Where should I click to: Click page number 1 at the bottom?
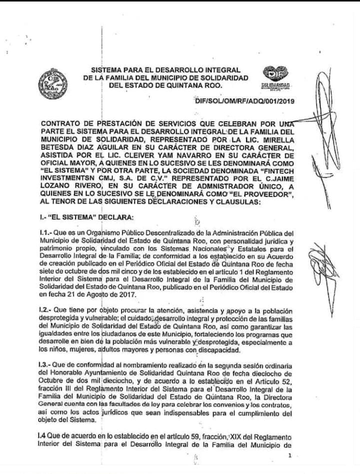(289, 455)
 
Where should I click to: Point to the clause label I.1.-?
(49, 233)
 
